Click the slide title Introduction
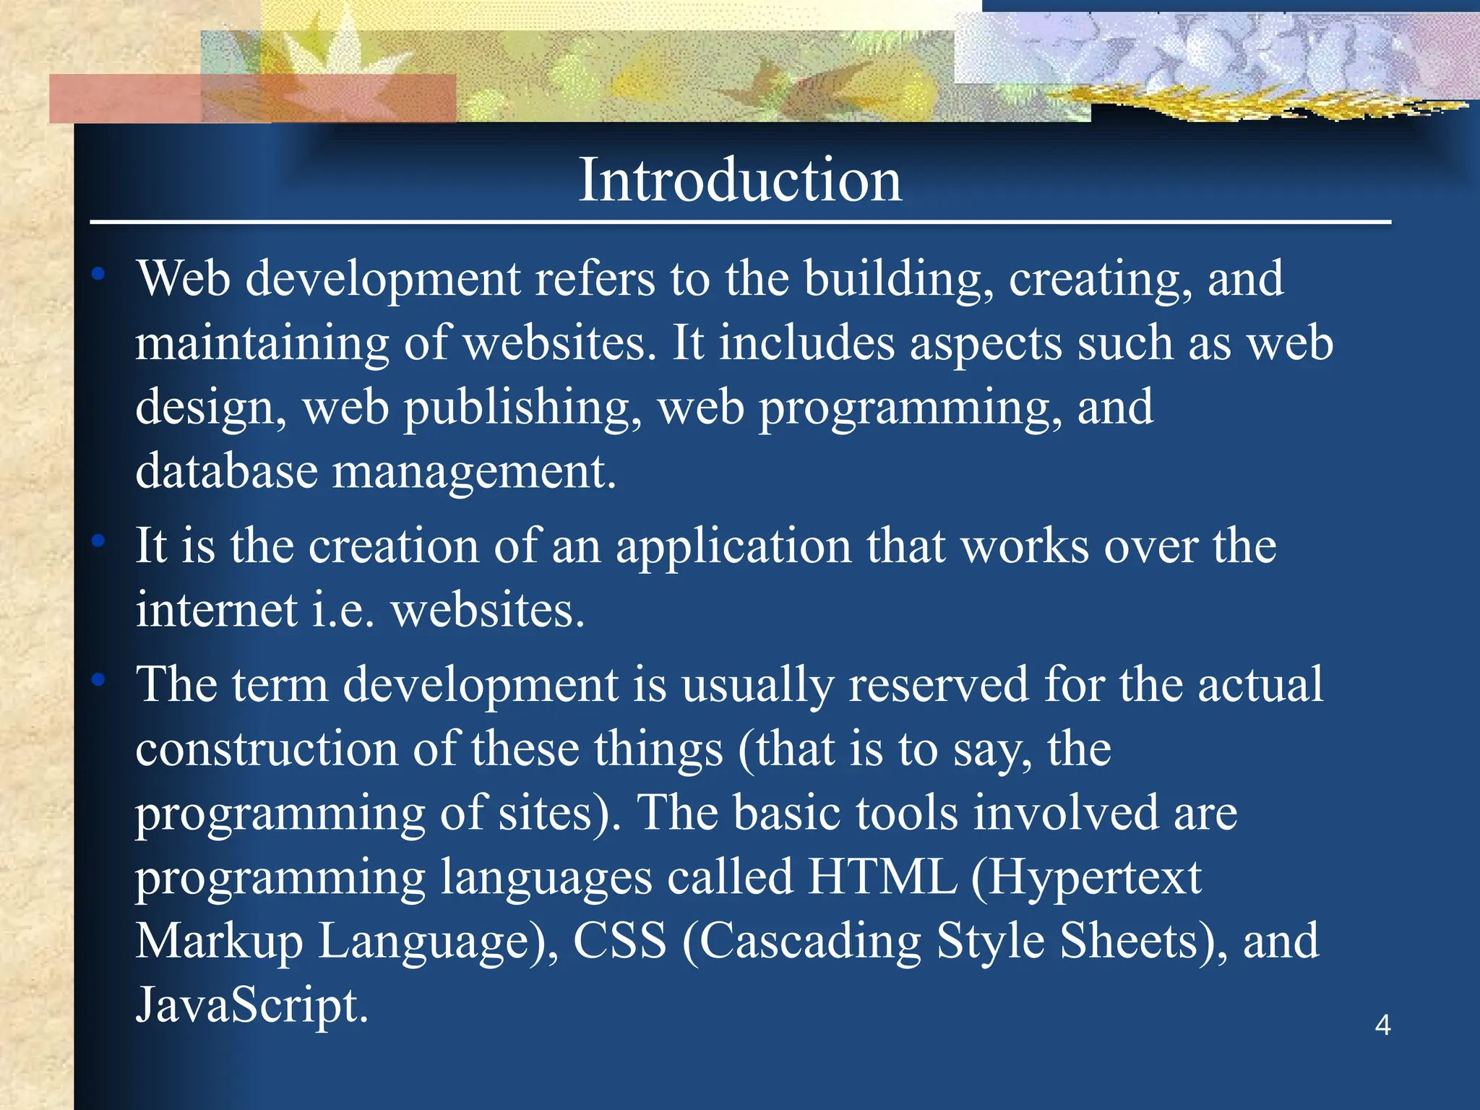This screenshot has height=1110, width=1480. click(x=740, y=180)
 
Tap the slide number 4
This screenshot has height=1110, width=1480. click(x=1382, y=1025)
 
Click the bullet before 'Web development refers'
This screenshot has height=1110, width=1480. click(x=99, y=274)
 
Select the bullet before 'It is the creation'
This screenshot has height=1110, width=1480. click(x=99, y=541)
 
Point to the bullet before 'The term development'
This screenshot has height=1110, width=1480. click(x=99, y=679)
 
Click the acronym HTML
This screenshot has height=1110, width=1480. click(x=882, y=877)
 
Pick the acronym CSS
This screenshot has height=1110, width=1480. click(x=619, y=941)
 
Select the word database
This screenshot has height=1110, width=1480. click(x=226, y=471)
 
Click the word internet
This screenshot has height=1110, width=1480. click(x=216, y=610)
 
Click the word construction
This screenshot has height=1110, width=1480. click(x=267, y=749)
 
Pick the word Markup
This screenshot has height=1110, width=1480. click(x=219, y=942)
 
